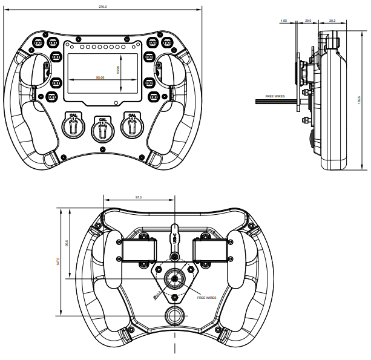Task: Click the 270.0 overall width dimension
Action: pos(103,7)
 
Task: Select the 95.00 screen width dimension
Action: pos(100,77)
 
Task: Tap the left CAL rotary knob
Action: pos(73,126)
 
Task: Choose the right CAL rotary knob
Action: pos(131,126)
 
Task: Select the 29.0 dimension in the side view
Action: pos(307,21)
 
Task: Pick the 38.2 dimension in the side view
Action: pos(332,21)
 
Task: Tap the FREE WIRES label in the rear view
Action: pos(206,298)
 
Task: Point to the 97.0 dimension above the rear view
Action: pos(139,197)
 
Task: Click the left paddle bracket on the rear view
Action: pos(139,250)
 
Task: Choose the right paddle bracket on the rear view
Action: pos(211,250)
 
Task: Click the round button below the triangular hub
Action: pos(175,316)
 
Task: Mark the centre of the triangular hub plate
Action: pos(175,280)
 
